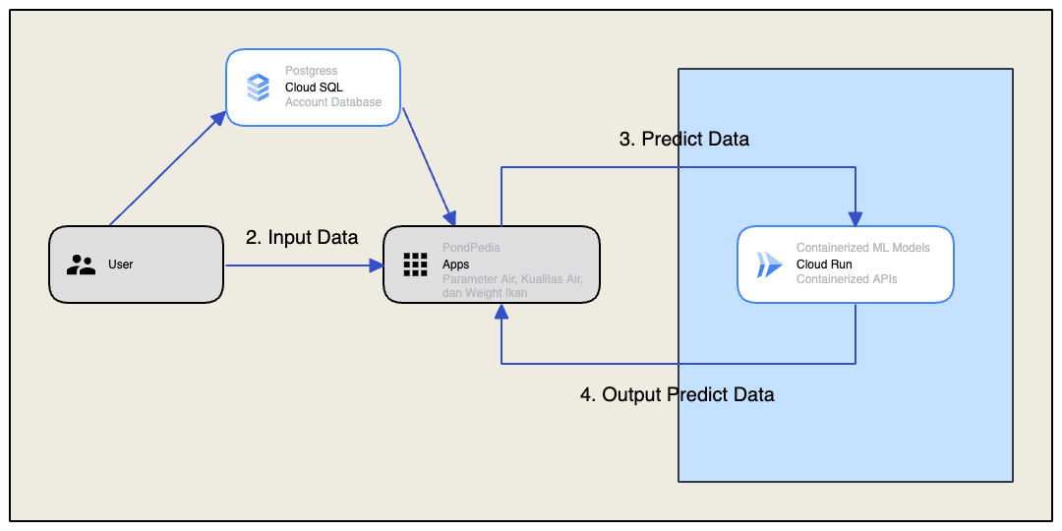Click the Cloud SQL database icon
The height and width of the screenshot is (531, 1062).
(258, 87)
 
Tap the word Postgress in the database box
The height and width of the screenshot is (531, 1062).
(311, 71)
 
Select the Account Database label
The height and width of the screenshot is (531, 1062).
(333, 102)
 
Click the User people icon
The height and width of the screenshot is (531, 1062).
(81, 265)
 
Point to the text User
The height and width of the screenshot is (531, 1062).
(120, 265)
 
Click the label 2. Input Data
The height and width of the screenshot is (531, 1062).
(302, 237)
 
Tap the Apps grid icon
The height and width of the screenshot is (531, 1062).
(415, 265)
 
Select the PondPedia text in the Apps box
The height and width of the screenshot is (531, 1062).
(471, 248)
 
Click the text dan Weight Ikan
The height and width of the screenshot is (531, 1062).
(485, 293)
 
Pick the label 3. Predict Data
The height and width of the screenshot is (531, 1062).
(684, 139)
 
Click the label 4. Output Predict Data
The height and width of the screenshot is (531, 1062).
(678, 394)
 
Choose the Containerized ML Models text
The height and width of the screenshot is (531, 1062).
(863, 248)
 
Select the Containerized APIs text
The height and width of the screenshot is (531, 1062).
(847, 279)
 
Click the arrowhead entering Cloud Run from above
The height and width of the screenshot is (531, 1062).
(855, 219)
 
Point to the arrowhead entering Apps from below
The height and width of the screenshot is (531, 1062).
(501, 311)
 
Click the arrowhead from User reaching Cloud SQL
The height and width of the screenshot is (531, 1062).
(221, 117)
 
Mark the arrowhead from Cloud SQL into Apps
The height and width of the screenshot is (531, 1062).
(450, 217)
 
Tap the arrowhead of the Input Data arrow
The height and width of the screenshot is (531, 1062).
(377, 265)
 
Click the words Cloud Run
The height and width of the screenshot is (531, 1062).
(824, 265)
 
